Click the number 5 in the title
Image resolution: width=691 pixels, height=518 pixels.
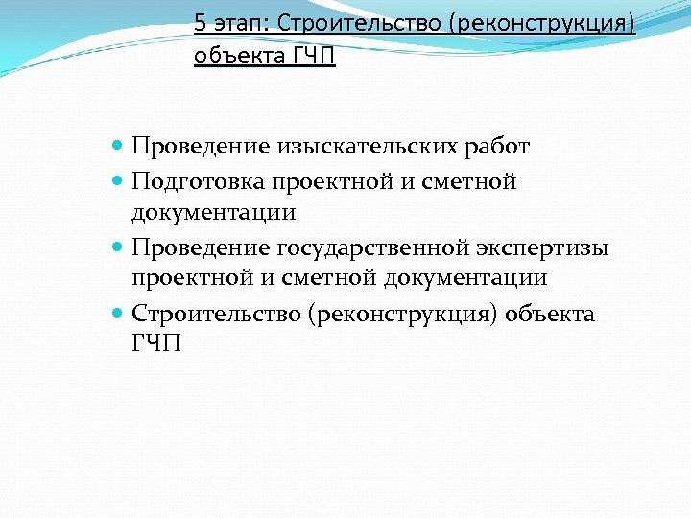200,21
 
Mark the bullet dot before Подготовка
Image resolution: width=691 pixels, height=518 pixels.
117,180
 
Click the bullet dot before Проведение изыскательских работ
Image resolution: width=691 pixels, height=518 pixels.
117,146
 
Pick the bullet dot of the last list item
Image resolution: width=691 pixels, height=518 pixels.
117,314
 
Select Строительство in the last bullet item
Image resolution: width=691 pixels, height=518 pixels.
216,315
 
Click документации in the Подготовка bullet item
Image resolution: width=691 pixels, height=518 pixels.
214,211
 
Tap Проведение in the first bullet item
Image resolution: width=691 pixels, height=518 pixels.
201,147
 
